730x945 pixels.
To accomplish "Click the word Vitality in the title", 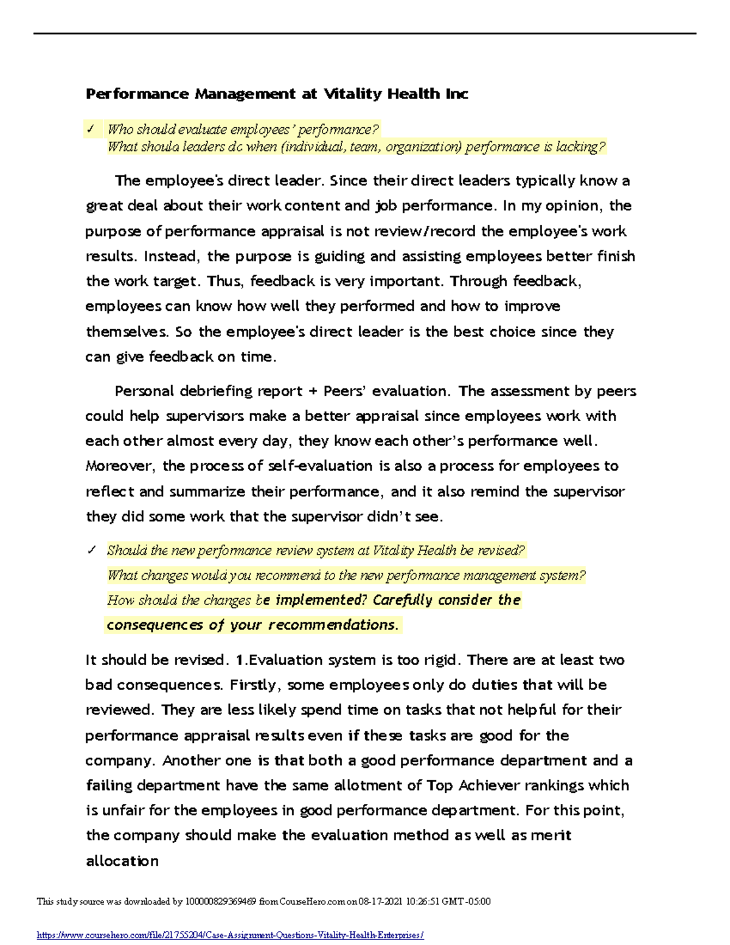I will pyautogui.click(x=352, y=94).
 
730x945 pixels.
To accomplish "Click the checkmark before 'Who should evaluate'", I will pyautogui.click(x=91, y=129).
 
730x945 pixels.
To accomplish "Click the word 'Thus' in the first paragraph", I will pyautogui.click(x=224, y=281).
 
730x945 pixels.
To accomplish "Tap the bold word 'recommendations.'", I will pyautogui.click(x=333, y=625).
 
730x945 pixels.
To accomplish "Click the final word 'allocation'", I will pyautogui.click(x=122, y=861).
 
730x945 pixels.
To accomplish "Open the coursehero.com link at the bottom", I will pyautogui.click(x=230, y=935).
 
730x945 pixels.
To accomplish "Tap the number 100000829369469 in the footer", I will pyautogui.click(x=221, y=901).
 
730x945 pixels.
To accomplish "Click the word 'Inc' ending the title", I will pyautogui.click(x=456, y=94).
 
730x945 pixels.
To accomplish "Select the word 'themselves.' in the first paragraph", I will pyautogui.click(x=127, y=332).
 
